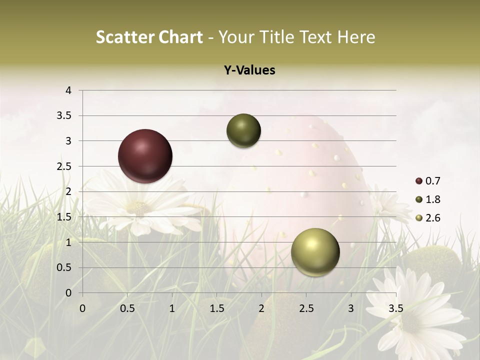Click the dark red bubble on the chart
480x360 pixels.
coord(145,156)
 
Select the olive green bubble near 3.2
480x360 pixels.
coord(243,131)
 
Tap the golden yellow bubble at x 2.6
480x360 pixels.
coord(315,252)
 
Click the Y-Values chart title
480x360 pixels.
coord(249,70)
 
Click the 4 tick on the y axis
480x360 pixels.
coord(68,90)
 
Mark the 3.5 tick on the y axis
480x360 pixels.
coord(64,115)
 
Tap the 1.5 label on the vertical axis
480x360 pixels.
coord(64,217)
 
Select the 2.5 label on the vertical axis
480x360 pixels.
coord(64,166)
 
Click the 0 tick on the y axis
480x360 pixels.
coord(68,293)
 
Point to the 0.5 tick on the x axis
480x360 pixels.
coord(127,308)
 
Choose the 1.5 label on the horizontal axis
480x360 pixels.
coord(217,308)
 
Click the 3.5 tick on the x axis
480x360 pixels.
coord(396,308)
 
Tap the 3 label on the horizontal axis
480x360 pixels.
coord(351,308)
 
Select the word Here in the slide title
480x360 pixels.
coord(356,37)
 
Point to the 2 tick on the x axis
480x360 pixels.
coord(261,308)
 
